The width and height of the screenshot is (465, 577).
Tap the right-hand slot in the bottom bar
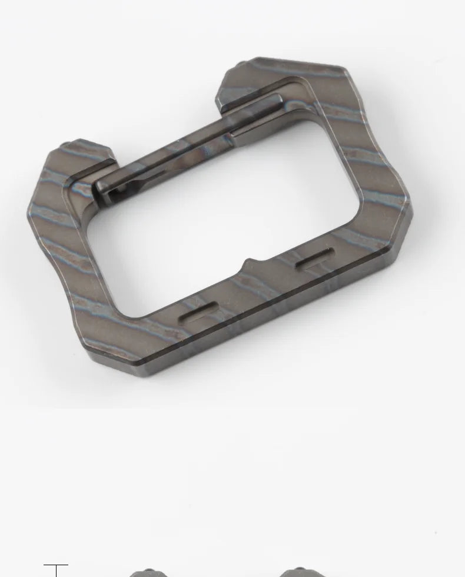[314, 259]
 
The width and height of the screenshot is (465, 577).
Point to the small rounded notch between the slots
[249, 263]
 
